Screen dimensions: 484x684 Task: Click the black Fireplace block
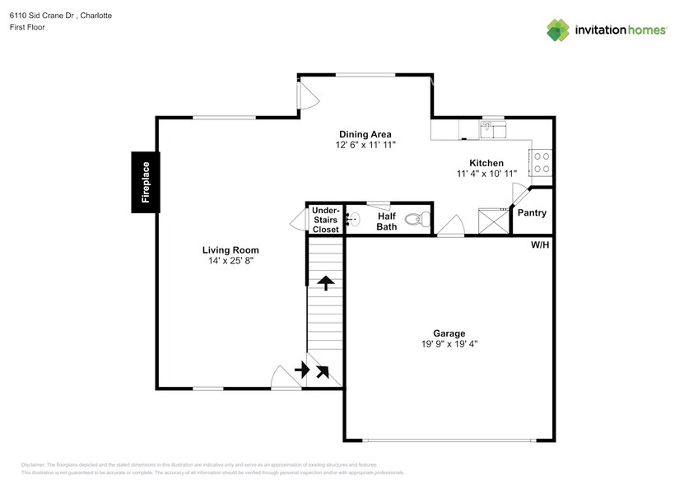coord(146,182)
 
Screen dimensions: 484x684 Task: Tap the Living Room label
coord(231,250)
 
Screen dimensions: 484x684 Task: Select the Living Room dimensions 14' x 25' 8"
coord(231,261)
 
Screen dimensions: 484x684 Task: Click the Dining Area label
coord(365,134)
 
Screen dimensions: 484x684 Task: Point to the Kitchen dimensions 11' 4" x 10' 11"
coord(486,174)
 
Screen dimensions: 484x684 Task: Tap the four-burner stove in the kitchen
coord(542,163)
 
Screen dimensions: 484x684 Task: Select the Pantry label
coord(531,213)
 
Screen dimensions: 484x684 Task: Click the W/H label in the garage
coord(540,244)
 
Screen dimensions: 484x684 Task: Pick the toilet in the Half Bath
coord(421,220)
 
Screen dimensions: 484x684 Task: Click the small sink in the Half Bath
coord(351,220)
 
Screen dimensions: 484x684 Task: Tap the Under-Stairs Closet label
coord(325,220)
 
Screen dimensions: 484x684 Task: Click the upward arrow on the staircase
coord(326,283)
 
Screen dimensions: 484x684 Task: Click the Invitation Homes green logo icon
coord(559,30)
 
